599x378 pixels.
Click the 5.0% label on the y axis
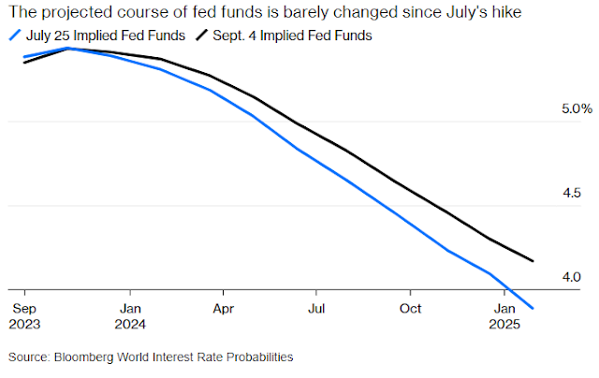coord(577,109)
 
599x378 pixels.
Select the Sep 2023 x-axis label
coord(24,314)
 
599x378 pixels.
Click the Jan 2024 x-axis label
coord(131,314)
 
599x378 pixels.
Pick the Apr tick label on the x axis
coord(223,306)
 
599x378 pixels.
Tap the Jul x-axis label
coord(317,306)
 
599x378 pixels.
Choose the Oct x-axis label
coord(410,306)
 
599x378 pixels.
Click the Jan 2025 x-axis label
coord(505,314)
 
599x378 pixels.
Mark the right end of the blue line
coord(533,307)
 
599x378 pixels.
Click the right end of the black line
coord(533,261)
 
